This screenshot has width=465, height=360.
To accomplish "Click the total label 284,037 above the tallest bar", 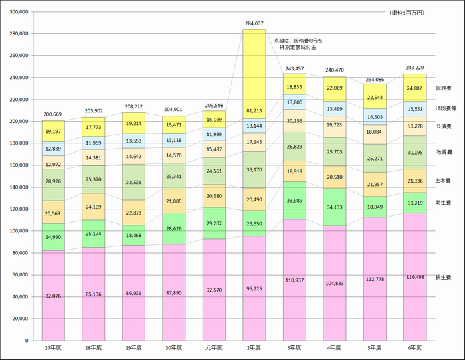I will pos(254,23).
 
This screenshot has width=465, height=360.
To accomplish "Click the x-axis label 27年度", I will pos(54,347).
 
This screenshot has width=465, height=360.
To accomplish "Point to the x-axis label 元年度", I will pos(215,347).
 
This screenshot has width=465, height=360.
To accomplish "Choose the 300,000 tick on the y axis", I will pos(19,12).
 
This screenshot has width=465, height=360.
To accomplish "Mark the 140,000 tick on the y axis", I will pos(19,187).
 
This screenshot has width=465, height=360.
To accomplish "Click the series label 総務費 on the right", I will pos(444,88).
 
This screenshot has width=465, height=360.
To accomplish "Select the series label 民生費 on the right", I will pos(444,276).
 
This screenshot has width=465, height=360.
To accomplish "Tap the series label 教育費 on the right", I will pos(444,152).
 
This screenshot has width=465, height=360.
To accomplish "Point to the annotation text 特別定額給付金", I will pos(298,48).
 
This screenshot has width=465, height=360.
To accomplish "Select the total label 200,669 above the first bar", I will pos(54,114).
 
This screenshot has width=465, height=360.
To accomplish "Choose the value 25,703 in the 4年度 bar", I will pos(335,152).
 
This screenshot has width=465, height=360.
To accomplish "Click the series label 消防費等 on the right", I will pos(444,108).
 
